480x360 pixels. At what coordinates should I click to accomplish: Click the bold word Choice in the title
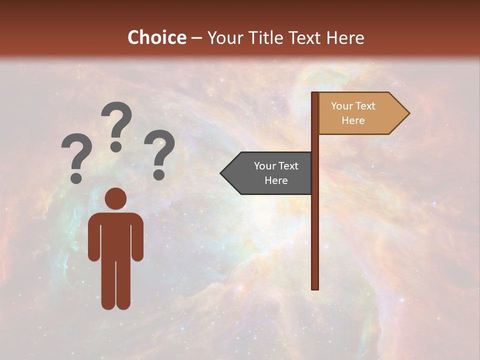pyautogui.click(x=156, y=37)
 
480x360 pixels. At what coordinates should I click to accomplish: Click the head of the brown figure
pyautogui.click(x=115, y=198)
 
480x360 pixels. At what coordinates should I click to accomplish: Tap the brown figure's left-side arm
pyautogui.click(x=93, y=237)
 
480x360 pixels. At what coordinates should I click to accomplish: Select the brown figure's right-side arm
pyautogui.click(x=137, y=237)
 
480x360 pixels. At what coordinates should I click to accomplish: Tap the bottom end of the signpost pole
pyautogui.click(x=315, y=287)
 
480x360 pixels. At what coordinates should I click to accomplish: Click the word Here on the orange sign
pyautogui.click(x=353, y=120)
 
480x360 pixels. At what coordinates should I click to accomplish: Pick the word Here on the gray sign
pyautogui.click(x=276, y=180)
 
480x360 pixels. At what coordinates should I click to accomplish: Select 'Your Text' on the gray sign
pyautogui.click(x=276, y=166)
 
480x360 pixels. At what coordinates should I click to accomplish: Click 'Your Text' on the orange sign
pyautogui.click(x=353, y=106)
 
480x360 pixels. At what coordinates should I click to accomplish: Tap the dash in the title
pyautogui.click(x=196, y=38)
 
